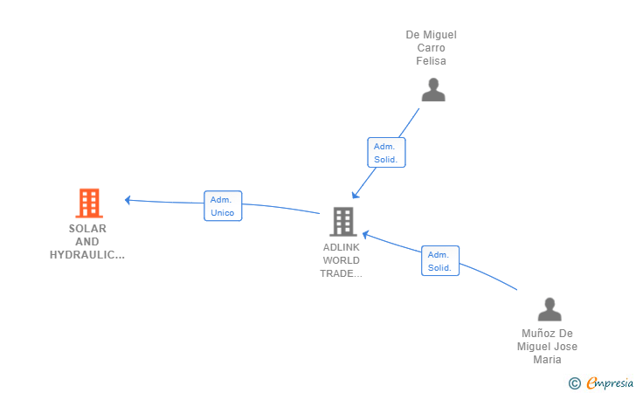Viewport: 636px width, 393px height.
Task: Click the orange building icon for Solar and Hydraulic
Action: [x=89, y=203]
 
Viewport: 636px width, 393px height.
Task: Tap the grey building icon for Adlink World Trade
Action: [x=343, y=222]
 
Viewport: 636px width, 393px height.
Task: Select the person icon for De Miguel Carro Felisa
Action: [x=433, y=90]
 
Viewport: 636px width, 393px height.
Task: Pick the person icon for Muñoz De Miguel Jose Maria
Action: [x=550, y=309]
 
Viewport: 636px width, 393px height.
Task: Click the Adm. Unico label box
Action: [x=223, y=206]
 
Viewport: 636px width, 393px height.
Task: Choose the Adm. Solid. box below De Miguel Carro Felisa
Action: [x=386, y=153]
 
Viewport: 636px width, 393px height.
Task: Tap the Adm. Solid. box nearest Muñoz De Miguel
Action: [x=440, y=261]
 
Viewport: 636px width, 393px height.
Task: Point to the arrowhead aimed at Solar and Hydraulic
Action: [x=128, y=200]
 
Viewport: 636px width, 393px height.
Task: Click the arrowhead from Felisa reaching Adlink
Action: [x=356, y=195]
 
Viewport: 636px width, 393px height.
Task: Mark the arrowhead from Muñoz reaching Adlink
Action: [x=365, y=234]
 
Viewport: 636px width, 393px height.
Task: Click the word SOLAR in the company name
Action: [x=87, y=229]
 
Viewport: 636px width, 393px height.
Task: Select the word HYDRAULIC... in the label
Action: [x=87, y=255]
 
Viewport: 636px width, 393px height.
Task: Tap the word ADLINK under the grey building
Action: [x=341, y=247]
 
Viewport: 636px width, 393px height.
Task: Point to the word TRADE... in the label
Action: [x=341, y=273]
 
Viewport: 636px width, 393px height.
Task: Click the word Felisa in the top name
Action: [x=432, y=61]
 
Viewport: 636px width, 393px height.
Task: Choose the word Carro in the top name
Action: [x=432, y=48]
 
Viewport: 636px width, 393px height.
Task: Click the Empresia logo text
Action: [x=610, y=383]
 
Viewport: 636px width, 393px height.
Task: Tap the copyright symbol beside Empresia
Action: [x=575, y=383]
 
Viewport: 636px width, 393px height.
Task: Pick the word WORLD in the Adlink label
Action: [x=341, y=260]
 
